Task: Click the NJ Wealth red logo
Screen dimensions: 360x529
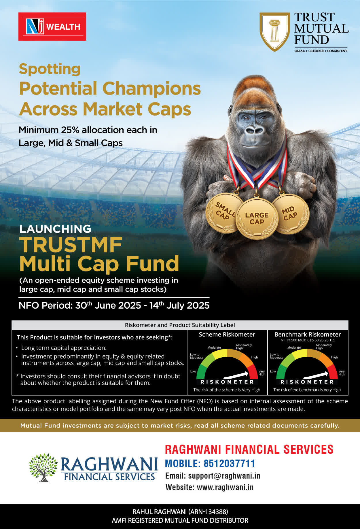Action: pos(52,27)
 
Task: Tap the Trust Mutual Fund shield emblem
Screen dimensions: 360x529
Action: pos(274,32)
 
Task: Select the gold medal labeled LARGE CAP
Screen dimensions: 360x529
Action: pos(257,218)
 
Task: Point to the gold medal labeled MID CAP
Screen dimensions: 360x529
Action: pos(290,214)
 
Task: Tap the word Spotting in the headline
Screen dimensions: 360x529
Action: pos(50,69)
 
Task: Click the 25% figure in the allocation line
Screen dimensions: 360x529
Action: pos(70,130)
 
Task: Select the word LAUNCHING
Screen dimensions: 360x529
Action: pos(55,229)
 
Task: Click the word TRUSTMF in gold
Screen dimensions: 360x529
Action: pos(71,245)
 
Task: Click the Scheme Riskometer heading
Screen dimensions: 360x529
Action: pos(227,335)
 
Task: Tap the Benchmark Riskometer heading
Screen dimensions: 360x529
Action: pos(308,335)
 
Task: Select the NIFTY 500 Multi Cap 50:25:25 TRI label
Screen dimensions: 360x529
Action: pos(308,340)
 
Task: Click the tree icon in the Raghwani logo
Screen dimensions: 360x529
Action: pos(43,467)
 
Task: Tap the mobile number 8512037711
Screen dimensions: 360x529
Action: pos(230,463)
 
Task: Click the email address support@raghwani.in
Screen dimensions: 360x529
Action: pos(224,476)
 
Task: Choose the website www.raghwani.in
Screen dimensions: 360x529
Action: pos(225,487)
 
